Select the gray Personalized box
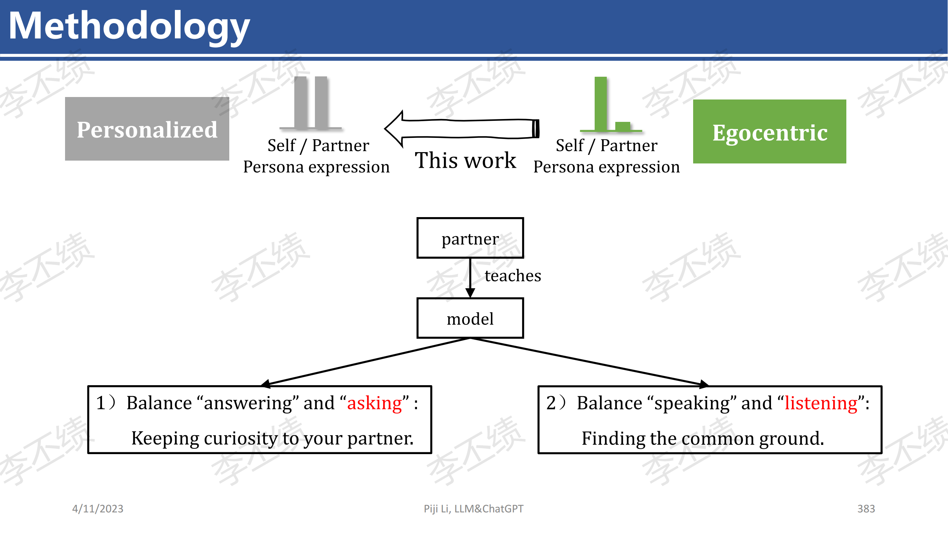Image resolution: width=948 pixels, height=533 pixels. coord(147,129)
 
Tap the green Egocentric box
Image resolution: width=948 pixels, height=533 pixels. coord(770,131)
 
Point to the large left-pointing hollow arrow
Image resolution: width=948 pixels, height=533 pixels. coord(462,129)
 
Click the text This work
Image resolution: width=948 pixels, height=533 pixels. coord(466,160)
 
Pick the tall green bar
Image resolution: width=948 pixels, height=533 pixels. coord(601,104)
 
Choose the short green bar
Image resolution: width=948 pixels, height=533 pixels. coord(623,126)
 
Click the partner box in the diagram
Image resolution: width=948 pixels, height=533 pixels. coord(470,238)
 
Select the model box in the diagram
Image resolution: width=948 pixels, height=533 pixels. coord(470,318)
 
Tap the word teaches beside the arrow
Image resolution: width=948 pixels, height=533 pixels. coord(513,275)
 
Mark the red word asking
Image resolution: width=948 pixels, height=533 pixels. coord(375,403)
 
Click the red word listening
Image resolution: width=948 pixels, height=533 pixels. coord(821,403)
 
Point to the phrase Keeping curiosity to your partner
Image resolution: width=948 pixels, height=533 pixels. coord(273,438)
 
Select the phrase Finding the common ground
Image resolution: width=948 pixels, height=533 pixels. coord(703,438)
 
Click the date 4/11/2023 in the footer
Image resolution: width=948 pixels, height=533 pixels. coord(98,509)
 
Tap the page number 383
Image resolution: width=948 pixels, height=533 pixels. coord(866,509)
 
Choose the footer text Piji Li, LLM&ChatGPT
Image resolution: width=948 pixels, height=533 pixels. coord(473,509)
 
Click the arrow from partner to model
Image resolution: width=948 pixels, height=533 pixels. coord(470,278)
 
